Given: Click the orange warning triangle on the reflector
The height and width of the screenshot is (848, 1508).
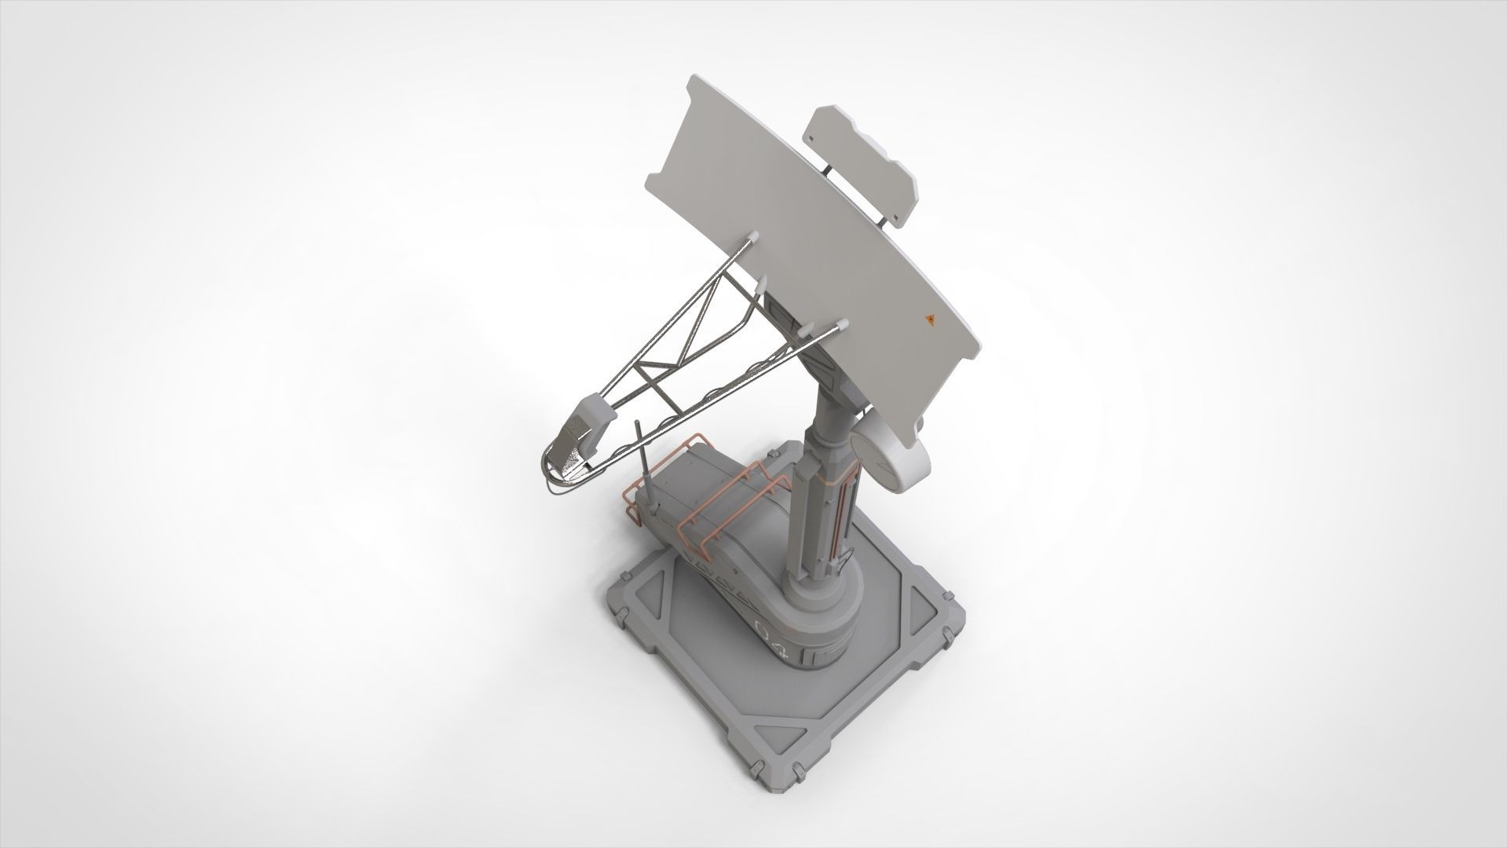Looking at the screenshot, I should click(930, 320).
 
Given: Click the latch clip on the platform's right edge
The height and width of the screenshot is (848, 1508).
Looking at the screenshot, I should click(952, 630).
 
